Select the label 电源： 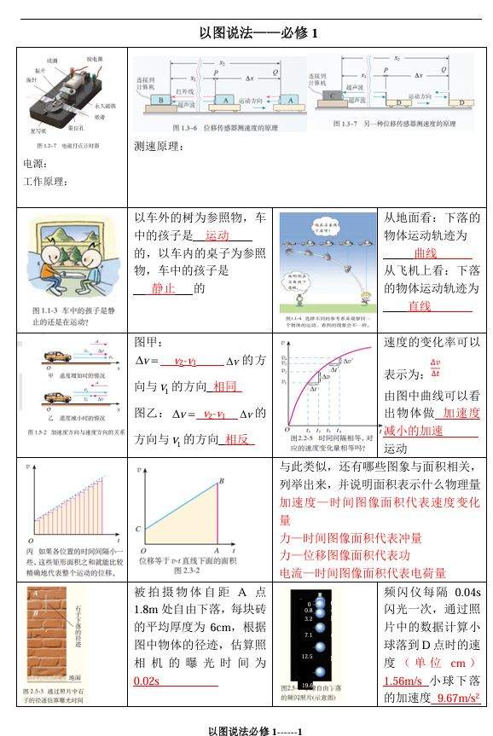[x=36, y=164]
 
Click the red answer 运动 [x=217, y=235]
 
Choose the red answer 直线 [x=419, y=306]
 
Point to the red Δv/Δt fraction [x=435, y=368]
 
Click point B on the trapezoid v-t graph [x=222, y=482]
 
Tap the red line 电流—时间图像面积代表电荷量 [x=362, y=572]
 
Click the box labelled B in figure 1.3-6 [x=160, y=100]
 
